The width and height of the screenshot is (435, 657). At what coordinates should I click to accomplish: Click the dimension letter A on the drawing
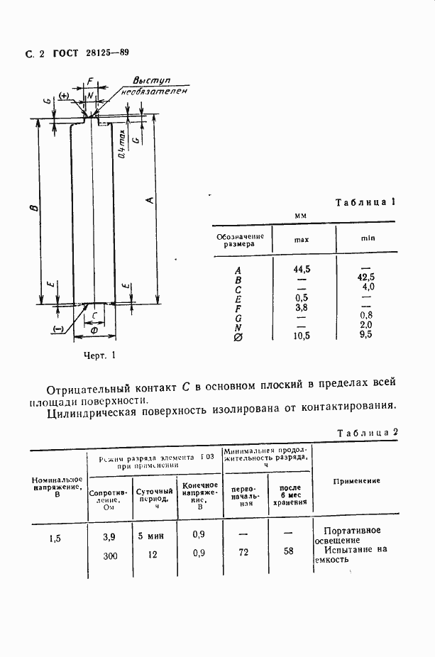[148, 200]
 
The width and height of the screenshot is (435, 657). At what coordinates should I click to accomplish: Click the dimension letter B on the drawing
[33, 207]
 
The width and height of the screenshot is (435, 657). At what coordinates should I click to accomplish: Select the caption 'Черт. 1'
[99, 355]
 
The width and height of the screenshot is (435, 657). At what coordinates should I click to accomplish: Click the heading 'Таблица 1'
[364, 202]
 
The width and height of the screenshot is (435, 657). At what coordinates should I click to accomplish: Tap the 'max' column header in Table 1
[301, 240]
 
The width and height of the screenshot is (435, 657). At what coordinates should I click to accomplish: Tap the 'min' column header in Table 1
[367, 239]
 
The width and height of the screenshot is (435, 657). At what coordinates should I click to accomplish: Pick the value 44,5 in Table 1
[302, 268]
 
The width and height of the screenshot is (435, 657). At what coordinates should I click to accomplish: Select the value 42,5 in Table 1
[367, 277]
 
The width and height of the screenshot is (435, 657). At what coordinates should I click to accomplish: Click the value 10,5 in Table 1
[302, 335]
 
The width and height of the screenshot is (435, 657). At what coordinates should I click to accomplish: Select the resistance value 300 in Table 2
[109, 556]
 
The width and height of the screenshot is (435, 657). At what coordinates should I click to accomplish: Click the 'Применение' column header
[356, 481]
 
